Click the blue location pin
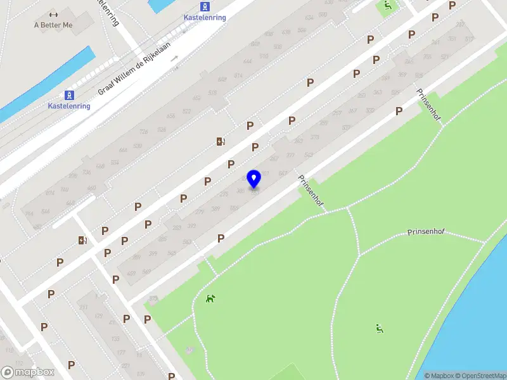(x=254, y=179)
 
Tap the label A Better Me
(x=53, y=25)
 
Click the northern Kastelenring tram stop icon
(x=204, y=6)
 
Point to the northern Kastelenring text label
(x=204, y=18)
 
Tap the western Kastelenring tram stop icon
(x=70, y=95)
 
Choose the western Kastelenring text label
(x=69, y=106)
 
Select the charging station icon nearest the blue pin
(x=220, y=141)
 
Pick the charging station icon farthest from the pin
(x=82, y=240)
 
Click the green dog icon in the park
(x=210, y=298)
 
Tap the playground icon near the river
(x=379, y=328)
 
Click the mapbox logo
(x=28, y=372)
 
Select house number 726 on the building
(x=144, y=131)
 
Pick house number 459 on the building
(x=131, y=274)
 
